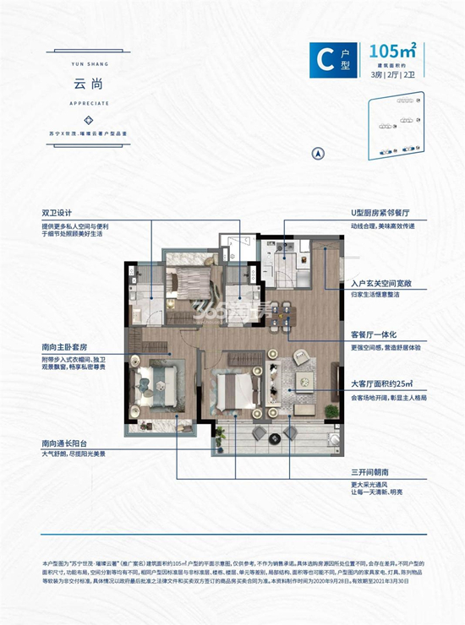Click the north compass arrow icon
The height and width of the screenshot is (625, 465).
(x=318, y=153)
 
